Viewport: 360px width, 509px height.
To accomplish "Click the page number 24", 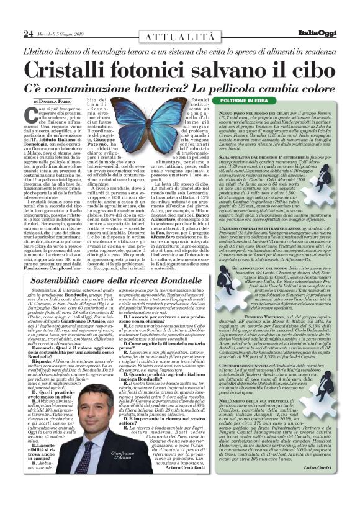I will pos(27,33).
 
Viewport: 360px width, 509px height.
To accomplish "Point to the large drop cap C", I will pos(30,117).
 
